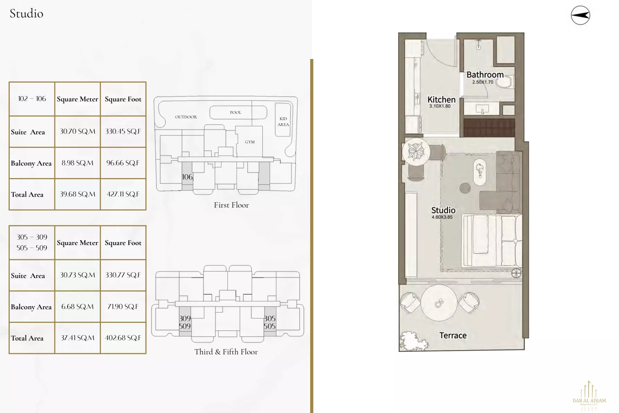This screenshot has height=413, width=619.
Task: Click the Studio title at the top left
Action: pos(26,14)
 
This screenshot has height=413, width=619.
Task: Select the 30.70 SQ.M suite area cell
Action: pos(77,132)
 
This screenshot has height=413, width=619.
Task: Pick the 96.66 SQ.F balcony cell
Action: pos(123,163)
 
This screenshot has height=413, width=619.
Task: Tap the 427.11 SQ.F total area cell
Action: pos(123,194)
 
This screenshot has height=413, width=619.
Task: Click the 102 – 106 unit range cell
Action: pos(32,99)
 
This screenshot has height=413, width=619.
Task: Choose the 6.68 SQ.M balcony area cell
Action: pos(77,307)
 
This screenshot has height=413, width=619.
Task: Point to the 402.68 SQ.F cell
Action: pos(123,338)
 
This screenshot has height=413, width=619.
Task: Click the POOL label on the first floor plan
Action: pos(236,112)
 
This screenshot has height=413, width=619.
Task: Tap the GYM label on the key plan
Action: pos(250,142)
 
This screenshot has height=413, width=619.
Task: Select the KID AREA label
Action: pos(283,121)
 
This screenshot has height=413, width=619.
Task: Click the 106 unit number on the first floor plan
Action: pos(187,177)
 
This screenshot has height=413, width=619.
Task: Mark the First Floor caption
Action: pos(231,205)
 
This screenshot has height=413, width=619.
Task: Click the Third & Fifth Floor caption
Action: pos(226,352)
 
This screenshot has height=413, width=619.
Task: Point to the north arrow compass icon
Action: pos(580,15)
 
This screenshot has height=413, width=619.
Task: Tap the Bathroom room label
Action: pos(485,75)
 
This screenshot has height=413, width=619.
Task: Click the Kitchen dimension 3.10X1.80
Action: pos(440,106)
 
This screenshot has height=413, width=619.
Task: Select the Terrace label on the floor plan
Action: pos(453,336)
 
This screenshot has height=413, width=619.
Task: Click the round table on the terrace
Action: pos(439,303)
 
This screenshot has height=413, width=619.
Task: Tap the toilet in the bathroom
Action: pos(504,82)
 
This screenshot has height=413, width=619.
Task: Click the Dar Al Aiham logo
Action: pos(589,396)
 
